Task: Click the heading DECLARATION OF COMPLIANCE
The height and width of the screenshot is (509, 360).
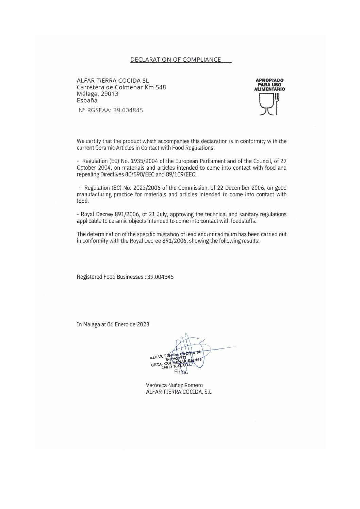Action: pyautogui.click(x=176, y=60)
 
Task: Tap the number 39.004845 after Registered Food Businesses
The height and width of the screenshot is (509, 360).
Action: pyautogui.click(x=161, y=277)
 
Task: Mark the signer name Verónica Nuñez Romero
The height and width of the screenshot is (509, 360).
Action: pyautogui.click(x=174, y=385)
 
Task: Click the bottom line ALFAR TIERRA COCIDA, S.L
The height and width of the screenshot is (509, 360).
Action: pyautogui.click(x=178, y=392)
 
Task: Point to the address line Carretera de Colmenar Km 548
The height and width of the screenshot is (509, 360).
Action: pyautogui.click(x=121, y=87)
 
